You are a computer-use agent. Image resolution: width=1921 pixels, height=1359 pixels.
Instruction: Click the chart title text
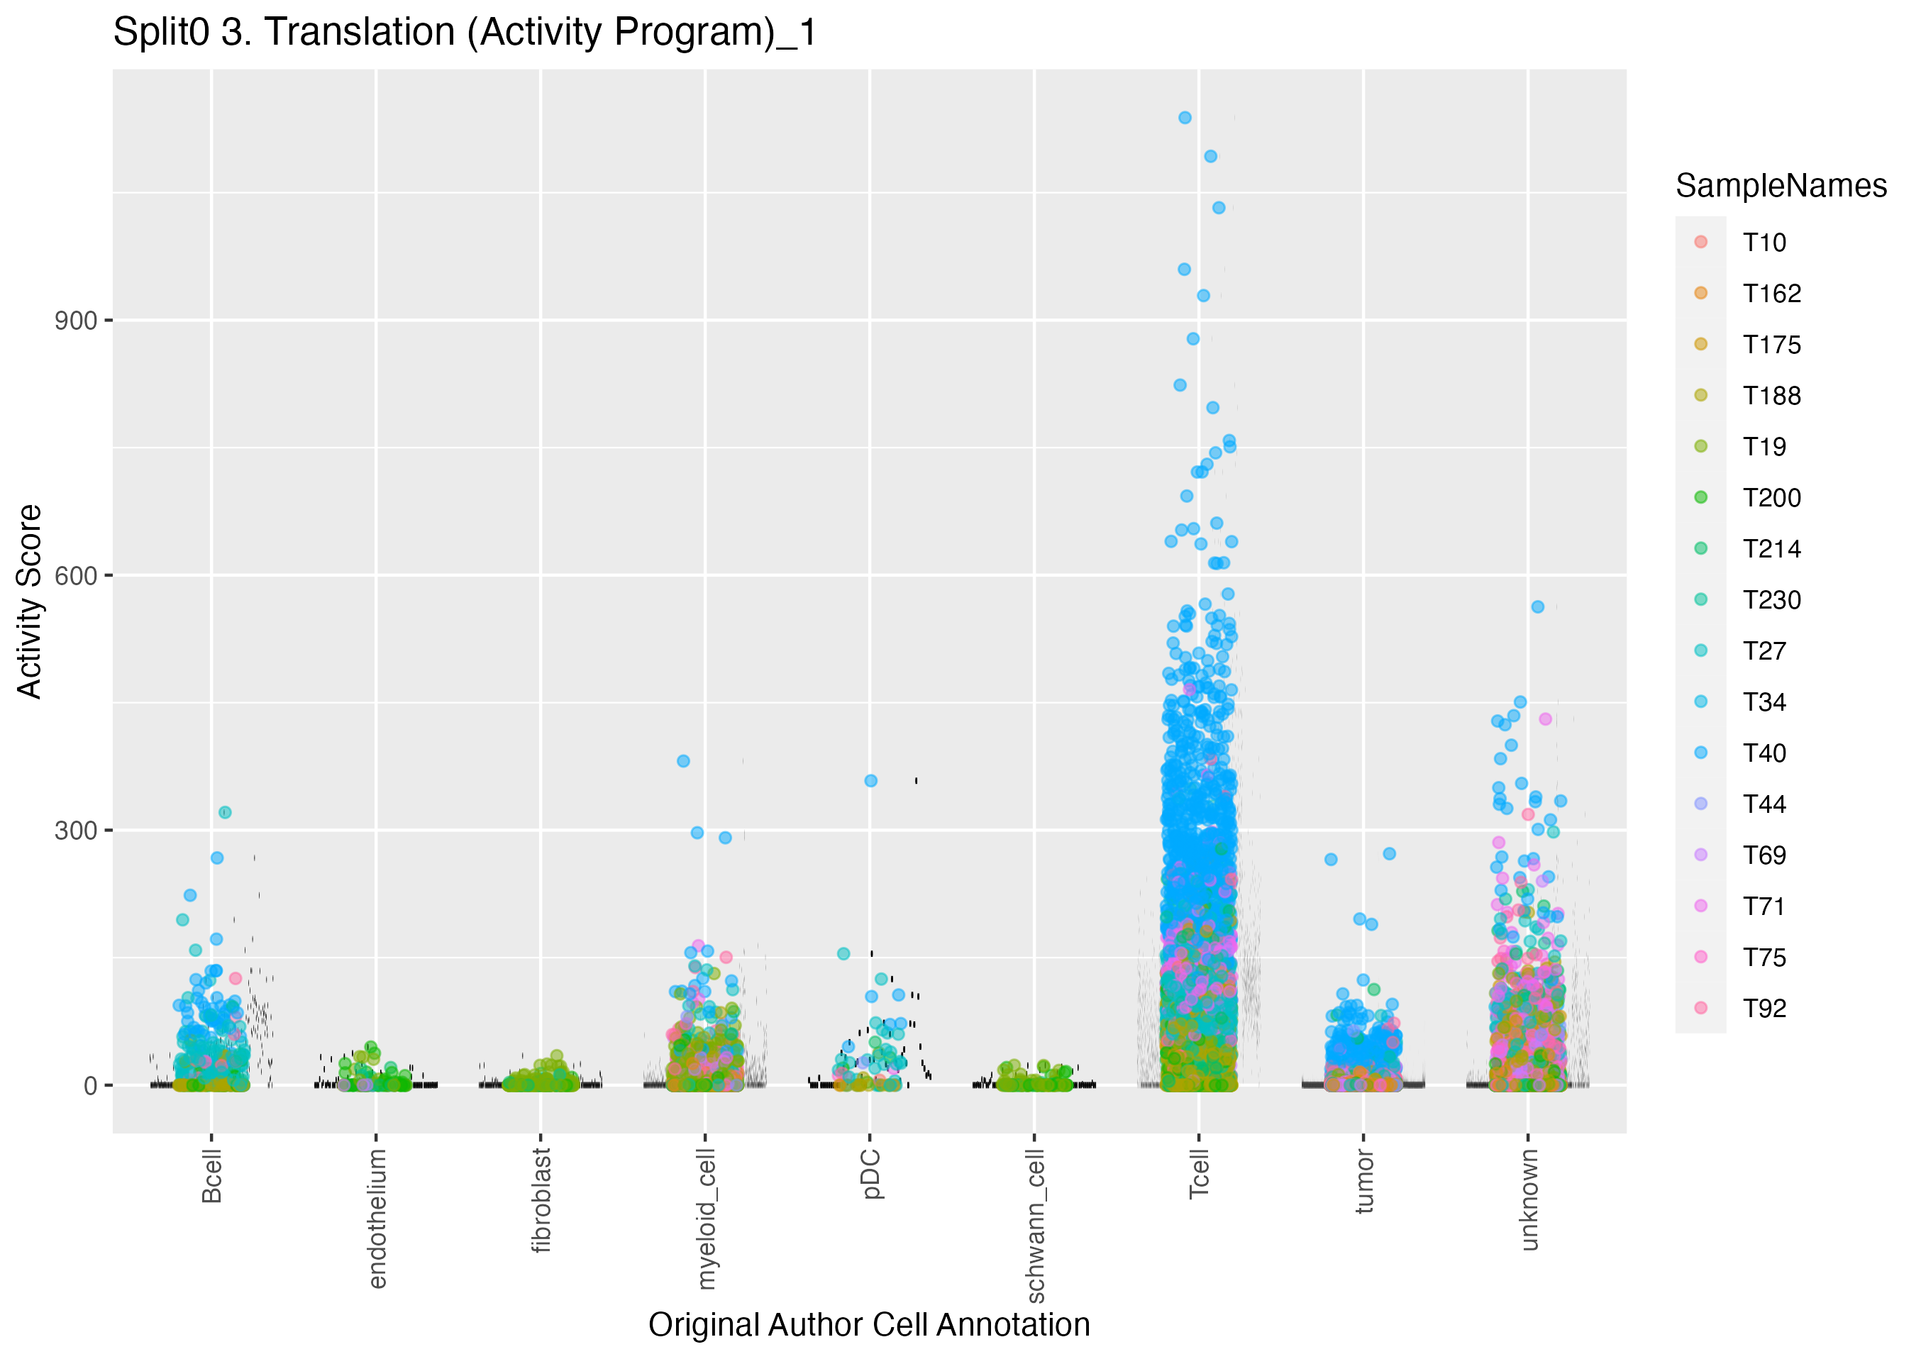point(465,33)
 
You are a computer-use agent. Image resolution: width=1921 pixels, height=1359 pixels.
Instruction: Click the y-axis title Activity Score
point(30,601)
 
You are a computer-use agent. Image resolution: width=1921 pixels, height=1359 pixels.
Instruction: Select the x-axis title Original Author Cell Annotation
point(868,1325)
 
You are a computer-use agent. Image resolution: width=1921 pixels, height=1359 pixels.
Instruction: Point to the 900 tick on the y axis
point(75,321)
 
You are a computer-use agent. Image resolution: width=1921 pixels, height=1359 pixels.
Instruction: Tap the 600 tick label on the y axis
point(75,576)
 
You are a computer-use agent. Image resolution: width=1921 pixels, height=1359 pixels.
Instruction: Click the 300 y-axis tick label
point(75,831)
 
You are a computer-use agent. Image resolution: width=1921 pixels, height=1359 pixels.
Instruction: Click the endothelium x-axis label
point(377,1218)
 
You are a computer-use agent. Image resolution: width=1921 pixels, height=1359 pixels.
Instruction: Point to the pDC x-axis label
point(871,1173)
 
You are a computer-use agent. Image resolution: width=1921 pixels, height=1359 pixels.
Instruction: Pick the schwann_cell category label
point(1035,1225)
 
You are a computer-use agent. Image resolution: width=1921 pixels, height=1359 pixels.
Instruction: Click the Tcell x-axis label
point(1199,1173)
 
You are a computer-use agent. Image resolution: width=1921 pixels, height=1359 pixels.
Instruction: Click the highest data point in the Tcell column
point(1185,118)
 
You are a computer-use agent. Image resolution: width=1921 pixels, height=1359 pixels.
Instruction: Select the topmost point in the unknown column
point(1538,606)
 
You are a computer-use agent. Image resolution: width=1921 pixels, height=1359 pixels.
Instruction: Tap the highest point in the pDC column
point(871,781)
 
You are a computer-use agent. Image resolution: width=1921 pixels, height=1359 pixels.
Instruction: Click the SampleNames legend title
point(1781,186)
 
